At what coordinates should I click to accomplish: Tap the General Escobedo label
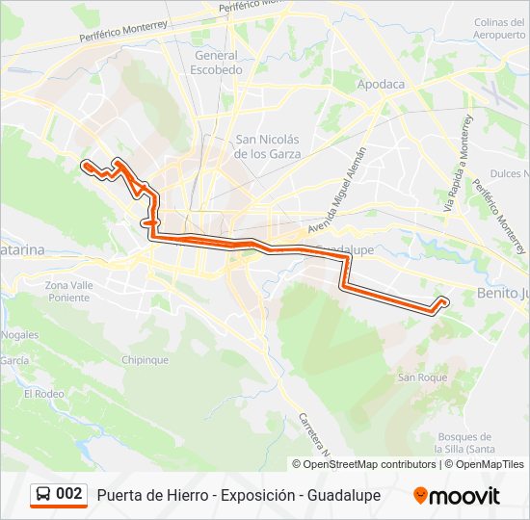pos(216,63)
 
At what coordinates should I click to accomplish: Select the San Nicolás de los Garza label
pos(268,145)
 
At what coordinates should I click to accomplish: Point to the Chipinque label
pos(146,360)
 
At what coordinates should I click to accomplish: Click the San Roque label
pos(423,377)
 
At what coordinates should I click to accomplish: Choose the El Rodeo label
pos(43,394)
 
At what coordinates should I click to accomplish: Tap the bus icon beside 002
pos(43,495)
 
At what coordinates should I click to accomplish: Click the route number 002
pos(69,495)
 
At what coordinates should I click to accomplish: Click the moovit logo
pos(457,495)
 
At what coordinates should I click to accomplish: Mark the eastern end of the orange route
pos(444,301)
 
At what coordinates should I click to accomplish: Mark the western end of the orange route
pos(85,165)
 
